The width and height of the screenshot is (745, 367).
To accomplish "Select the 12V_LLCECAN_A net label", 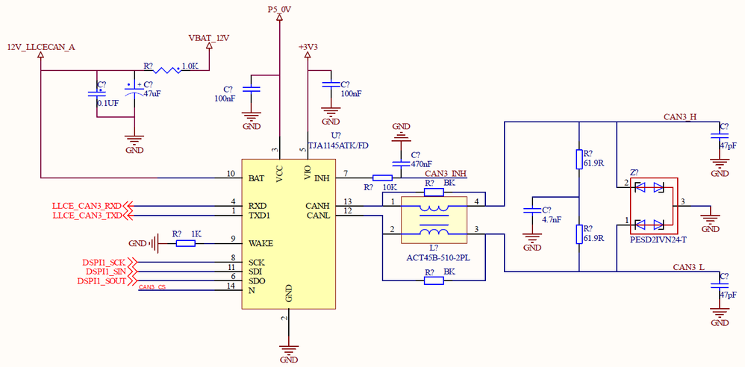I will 41,47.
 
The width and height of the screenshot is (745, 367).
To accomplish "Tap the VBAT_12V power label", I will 209,38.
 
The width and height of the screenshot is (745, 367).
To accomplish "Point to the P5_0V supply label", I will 279,9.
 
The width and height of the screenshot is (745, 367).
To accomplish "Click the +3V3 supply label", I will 308,47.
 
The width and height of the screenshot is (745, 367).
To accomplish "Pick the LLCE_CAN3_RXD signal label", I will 87,205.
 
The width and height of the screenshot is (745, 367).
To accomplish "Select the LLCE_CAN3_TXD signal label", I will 87,215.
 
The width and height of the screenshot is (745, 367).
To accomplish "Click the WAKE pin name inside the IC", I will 261,242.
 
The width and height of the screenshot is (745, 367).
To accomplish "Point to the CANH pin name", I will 318,205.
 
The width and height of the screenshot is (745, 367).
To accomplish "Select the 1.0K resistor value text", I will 190,66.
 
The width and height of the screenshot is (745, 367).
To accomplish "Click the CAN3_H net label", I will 680,117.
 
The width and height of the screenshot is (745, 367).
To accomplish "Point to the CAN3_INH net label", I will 445,173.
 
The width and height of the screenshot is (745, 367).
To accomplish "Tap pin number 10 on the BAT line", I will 231,174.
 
